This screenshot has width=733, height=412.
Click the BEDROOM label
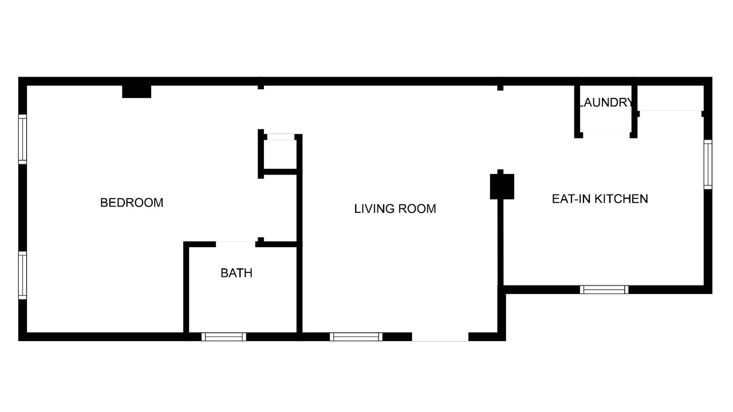click(132, 203)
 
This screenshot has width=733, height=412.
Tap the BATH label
click(237, 273)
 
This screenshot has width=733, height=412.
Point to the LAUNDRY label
click(606, 102)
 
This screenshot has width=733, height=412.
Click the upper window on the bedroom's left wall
click(22, 139)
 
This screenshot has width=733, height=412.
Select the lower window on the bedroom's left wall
click(22, 275)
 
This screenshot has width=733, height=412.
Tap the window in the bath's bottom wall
click(224, 337)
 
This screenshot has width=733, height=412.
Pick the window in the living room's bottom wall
click(356, 337)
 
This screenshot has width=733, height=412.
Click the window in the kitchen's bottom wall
click(604, 290)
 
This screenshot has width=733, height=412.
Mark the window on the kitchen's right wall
click(708, 164)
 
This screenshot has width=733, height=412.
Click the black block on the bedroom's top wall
click(136, 92)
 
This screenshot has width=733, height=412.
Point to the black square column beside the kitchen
click(502, 187)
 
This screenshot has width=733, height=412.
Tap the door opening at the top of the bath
click(235, 244)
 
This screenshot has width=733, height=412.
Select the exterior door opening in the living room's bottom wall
click(440, 337)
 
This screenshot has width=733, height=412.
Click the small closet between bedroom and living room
click(280, 154)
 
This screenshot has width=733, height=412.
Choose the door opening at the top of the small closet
click(281, 137)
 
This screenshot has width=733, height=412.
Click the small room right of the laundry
click(671, 98)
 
